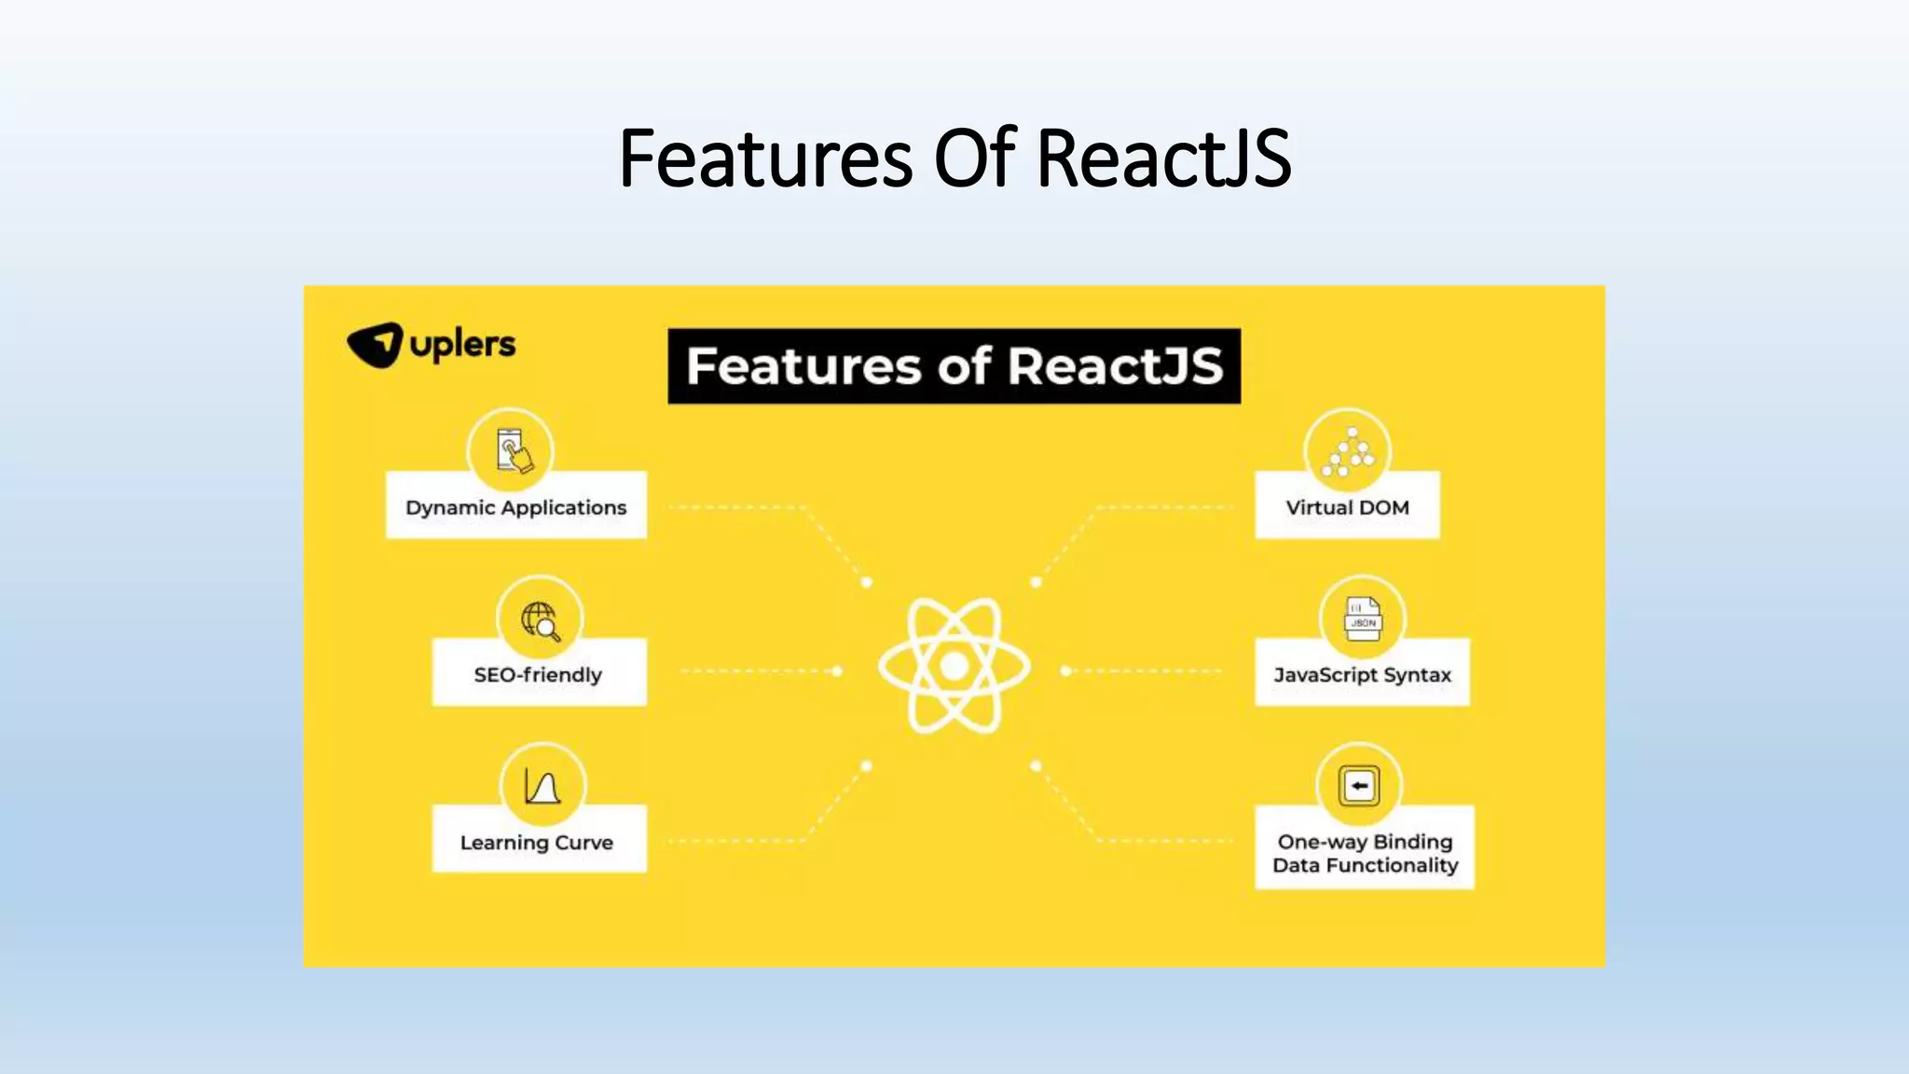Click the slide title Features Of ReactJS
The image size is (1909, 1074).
coord(954,158)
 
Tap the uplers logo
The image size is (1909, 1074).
coord(431,345)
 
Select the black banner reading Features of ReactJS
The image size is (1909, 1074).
coord(954,365)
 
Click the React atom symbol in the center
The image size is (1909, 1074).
coord(954,666)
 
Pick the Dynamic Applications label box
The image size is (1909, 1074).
coord(515,506)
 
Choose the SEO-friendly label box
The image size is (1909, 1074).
coord(538,673)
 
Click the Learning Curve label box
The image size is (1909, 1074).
coord(538,841)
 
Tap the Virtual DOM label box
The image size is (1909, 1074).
coord(1347,506)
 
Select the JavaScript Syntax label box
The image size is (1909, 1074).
coord(1362,673)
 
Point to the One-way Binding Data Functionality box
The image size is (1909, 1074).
coord(1365,851)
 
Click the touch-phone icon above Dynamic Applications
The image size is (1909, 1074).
coord(511,452)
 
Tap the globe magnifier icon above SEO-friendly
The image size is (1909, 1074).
coord(540,619)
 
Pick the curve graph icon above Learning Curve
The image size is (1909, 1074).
coord(542,786)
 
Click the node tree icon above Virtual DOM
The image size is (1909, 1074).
coord(1348,452)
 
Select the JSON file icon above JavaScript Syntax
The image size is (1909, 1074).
coord(1363,619)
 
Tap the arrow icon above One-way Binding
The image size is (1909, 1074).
coord(1359,786)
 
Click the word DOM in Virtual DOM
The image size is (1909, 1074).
coord(1383,507)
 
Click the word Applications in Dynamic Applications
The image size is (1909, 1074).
coord(563,507)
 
